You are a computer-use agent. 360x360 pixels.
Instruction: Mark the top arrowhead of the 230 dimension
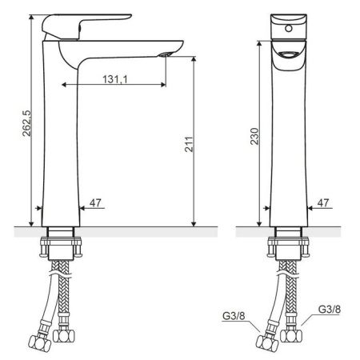pos(259,39)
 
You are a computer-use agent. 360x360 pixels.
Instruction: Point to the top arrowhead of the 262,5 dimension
pos(30,14)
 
